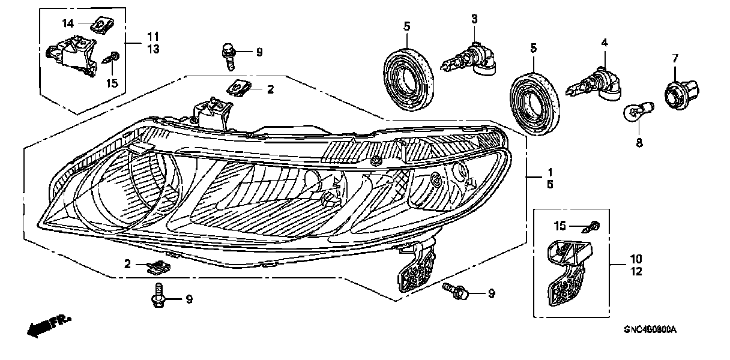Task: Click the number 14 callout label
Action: click(x=68, y=23)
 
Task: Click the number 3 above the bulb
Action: click(x=474, y=19)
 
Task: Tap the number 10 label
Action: click(x=636, y=259)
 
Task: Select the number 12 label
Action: click(x=636, y=272)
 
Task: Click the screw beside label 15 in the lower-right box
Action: click(x=594, y=226)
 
